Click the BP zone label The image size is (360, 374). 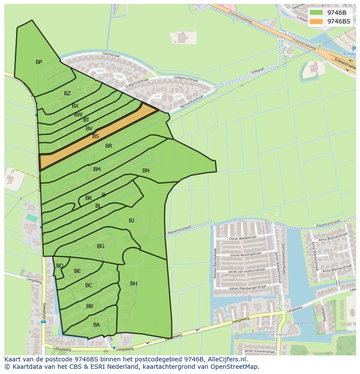[39, 62]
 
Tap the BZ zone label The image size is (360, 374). [67, 93]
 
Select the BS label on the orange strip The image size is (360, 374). [96, 136]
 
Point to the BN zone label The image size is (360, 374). [146, 171]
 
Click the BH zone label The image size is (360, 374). [133, 284]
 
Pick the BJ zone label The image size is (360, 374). [131, 221]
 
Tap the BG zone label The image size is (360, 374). [100, 246]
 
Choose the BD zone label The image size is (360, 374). [60, 266]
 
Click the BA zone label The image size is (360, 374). [97, 325]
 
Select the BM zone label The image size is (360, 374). [97, 169]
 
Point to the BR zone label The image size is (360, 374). [109, 146]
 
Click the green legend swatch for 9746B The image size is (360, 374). [317, 13]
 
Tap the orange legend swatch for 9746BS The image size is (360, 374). [317, 21]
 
